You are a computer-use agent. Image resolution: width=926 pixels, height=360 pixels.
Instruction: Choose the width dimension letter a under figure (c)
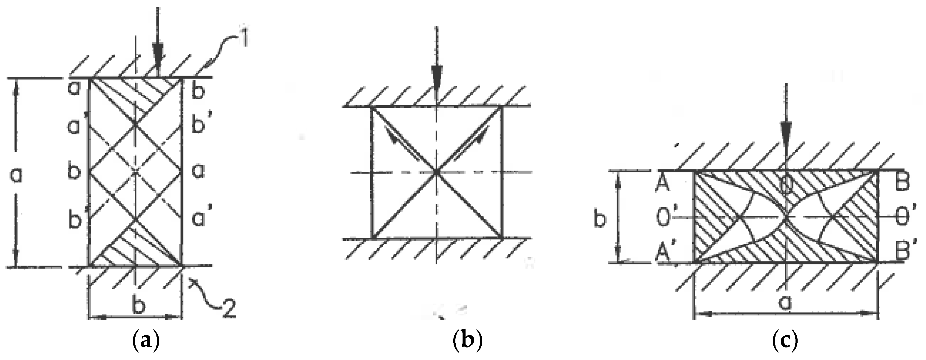[x=784, y=302]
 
